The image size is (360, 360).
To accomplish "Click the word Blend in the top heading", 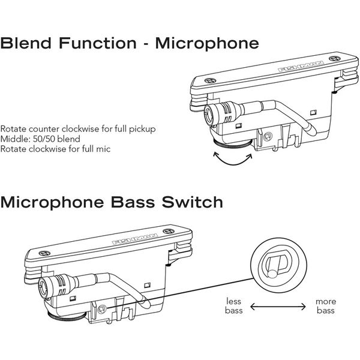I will [x=26, y=44].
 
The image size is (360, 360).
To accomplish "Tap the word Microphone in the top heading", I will [x=208, y=44].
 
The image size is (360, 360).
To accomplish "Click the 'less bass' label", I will [x=233, y=306].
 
